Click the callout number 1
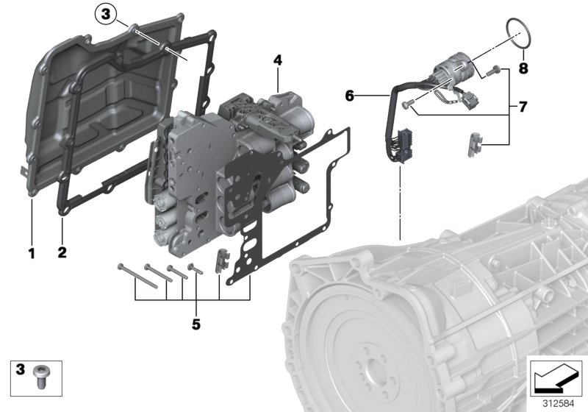32,254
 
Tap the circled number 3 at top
107,13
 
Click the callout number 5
196,323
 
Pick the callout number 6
350,96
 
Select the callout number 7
523,107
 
